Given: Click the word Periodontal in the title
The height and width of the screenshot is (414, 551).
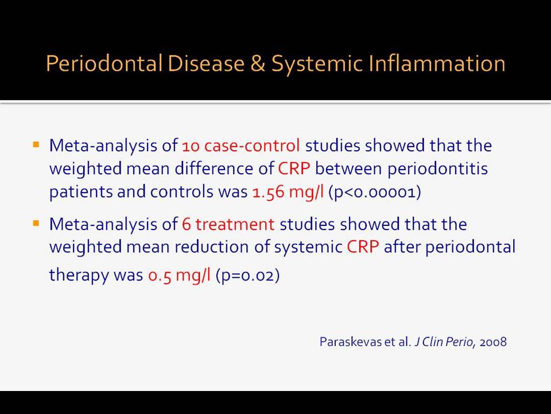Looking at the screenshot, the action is (104, 63).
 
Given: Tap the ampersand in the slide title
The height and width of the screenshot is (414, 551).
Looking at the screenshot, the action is (258, 64).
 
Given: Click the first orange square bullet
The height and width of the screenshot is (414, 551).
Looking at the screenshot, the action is (36, 144).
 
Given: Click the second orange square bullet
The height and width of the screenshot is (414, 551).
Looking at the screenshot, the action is (36, 223).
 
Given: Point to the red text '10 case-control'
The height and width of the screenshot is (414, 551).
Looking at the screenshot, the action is (241, 145).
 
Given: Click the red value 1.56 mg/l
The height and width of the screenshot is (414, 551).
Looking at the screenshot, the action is (288, 192).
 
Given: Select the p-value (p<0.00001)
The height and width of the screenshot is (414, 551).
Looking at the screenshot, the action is (375, 192).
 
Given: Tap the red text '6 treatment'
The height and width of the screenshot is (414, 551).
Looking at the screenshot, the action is (228, 224).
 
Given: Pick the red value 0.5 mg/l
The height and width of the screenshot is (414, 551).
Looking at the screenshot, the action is (179, 275).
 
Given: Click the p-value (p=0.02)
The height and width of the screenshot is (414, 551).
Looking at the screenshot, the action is (248, 275).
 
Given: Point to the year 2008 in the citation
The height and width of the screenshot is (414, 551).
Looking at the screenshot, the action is (493, 342).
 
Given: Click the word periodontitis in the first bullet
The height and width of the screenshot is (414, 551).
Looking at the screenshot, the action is (437, 169).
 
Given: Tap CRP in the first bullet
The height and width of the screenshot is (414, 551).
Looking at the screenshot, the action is (294, 168).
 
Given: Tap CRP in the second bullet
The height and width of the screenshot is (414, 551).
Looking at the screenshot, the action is (363, 247).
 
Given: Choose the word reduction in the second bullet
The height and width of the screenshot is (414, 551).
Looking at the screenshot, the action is (212, 247).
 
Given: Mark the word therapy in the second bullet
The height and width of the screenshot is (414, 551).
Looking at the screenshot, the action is (79, 275).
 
